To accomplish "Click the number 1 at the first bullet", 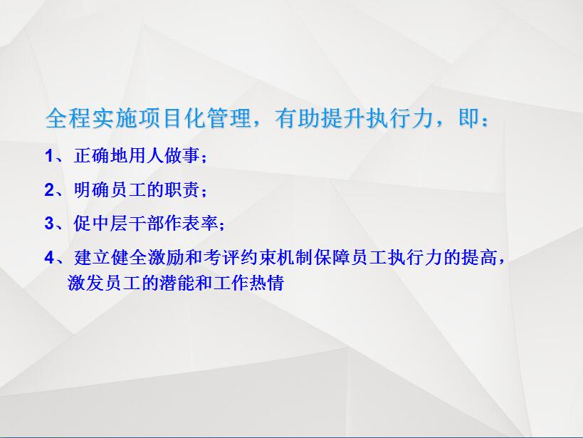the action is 48,155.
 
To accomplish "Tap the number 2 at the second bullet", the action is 49,189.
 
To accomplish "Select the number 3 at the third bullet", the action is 49,224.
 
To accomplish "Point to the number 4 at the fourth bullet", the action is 49,257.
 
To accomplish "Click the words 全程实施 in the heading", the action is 91,118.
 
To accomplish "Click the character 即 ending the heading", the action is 469,118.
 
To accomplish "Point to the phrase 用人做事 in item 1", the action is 164,155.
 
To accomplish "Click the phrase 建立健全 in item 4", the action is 110,257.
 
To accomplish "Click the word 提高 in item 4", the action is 480,257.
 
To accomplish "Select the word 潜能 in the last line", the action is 177,283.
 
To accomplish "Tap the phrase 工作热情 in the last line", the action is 248,283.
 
